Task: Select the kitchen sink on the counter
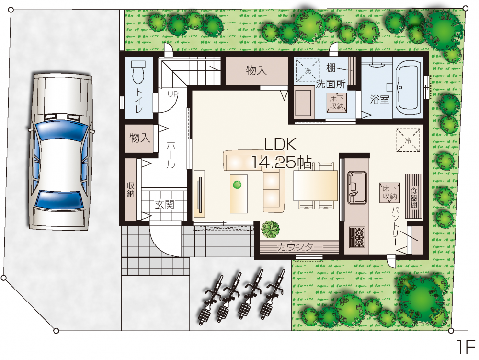coord(357,187)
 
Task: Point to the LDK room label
coord(280,144)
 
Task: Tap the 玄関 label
coord(165,204)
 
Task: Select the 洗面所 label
coord(330,84)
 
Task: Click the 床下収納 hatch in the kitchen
coord(389,193)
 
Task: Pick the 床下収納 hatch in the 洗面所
coord(337,103)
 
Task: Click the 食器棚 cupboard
coord(414,196)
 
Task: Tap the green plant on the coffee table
coord(237,185)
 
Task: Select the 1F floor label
coord(467,347)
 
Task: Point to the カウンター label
coord(299,246)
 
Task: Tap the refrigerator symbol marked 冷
coord(408,140)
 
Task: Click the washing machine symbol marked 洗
coord(308,70)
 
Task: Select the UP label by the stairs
coord(172,94)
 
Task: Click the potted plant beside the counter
coord(270,230)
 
